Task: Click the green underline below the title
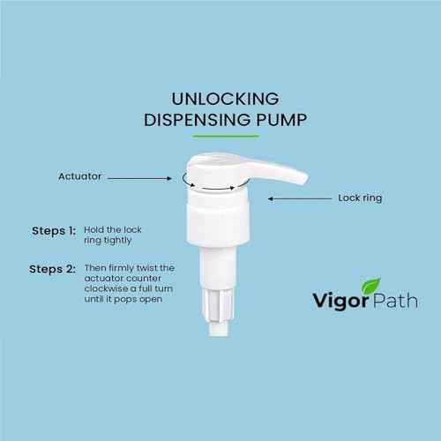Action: click(x=220, y=135)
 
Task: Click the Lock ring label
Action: click(x=359, y=198)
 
